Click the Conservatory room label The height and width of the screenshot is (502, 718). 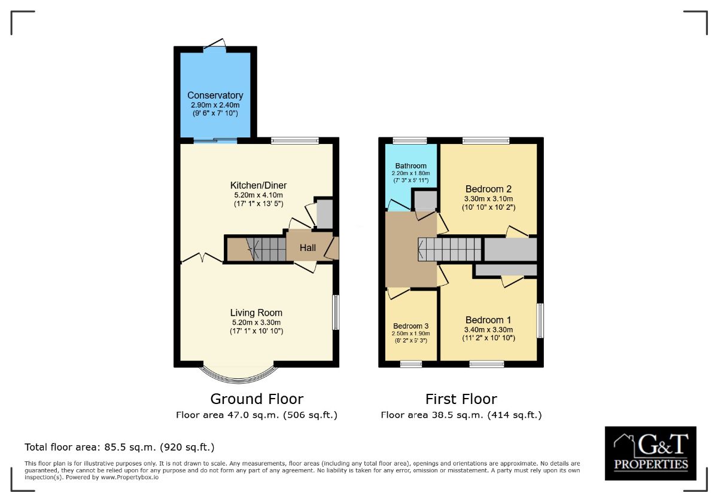[215, 96]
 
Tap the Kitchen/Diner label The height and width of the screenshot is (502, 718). [258, 185]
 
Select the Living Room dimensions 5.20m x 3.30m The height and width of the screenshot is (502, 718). [257, 322]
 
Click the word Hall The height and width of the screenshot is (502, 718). [308, 247]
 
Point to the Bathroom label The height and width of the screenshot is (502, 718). [410, 166]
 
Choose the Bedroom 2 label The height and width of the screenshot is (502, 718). [488, 189]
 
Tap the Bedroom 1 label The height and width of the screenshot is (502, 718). [488, 320]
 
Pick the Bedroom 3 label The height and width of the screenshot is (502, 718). [410, 326]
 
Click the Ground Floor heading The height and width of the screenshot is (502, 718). [257, 399]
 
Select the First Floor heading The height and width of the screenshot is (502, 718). [461, 399]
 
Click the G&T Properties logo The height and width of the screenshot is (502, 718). [650, 454]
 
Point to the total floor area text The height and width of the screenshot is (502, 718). [120, 447]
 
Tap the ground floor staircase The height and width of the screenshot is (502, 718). [266, 249]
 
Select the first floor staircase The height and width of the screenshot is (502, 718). [450, 249]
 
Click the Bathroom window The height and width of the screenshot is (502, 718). [410, 140]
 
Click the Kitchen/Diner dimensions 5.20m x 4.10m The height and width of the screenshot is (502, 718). [258, 195]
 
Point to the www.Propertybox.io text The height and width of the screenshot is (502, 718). [130, 477]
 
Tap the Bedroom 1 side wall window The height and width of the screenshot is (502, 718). [540, 320]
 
